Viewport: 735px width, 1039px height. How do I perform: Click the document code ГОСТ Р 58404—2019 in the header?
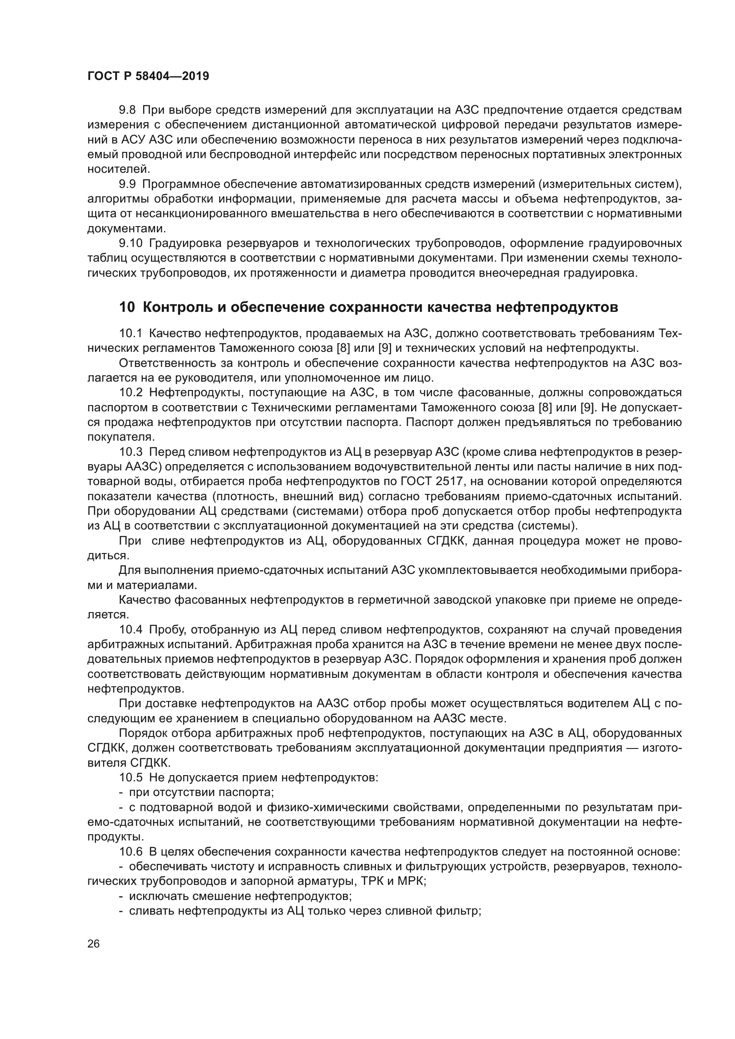(x=148, y=76)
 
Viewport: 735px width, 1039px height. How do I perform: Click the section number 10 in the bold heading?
(x=127, y=307)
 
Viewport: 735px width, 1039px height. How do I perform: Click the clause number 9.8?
(x=127, y=110)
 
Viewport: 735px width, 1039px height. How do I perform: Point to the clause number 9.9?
(x=127, y=184)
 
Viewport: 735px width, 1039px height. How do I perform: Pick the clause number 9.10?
(x=130, y=243)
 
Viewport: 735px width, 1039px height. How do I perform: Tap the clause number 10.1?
(x=130, y=334)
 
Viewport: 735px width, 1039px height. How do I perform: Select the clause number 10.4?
(x=130, y=629)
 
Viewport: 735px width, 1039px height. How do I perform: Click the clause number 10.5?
(x=130, y=777)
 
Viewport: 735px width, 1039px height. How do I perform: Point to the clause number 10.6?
(x=130, y=852)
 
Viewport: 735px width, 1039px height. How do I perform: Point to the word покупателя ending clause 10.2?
(x=120, y=437)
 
